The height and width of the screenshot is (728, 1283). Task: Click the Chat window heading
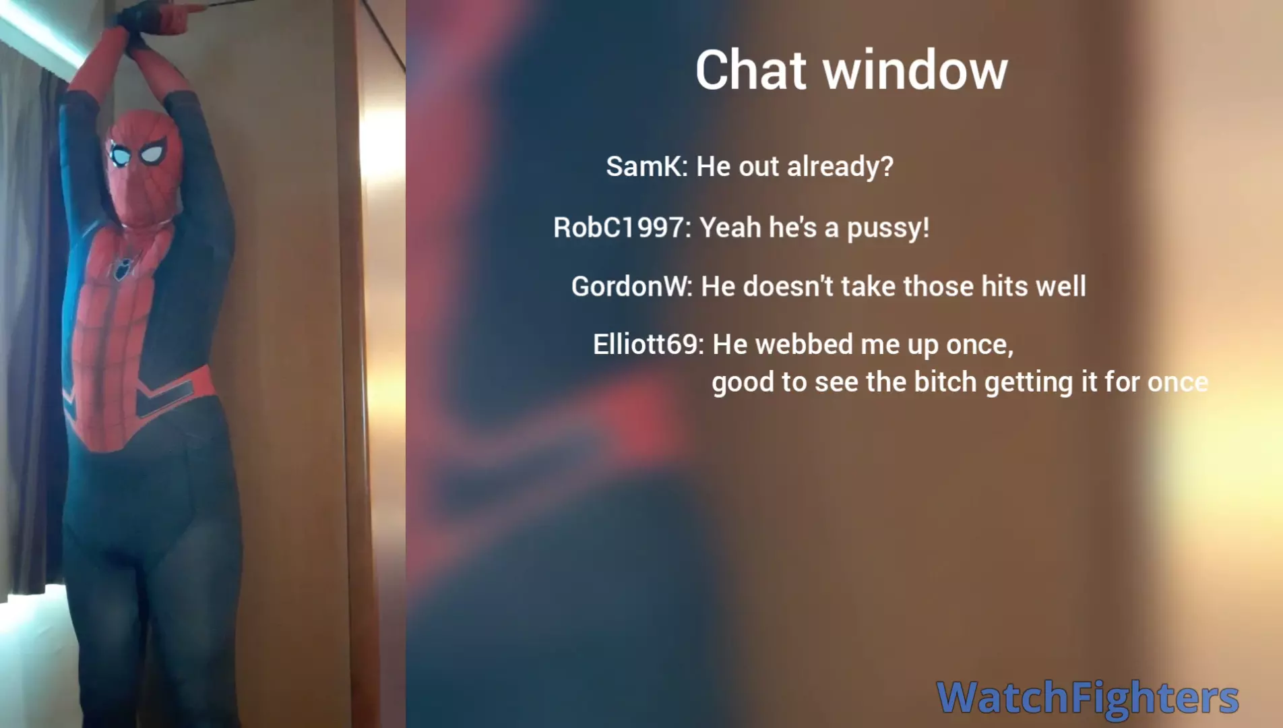click(x=851, y=70)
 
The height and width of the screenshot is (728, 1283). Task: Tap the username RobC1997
click(x=618, y=228)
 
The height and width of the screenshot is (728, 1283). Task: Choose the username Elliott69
click(x=645, y=344)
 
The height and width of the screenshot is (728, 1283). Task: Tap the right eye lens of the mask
click(x=153, y=152)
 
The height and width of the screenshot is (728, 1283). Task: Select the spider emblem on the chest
click(x=123, y=268)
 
